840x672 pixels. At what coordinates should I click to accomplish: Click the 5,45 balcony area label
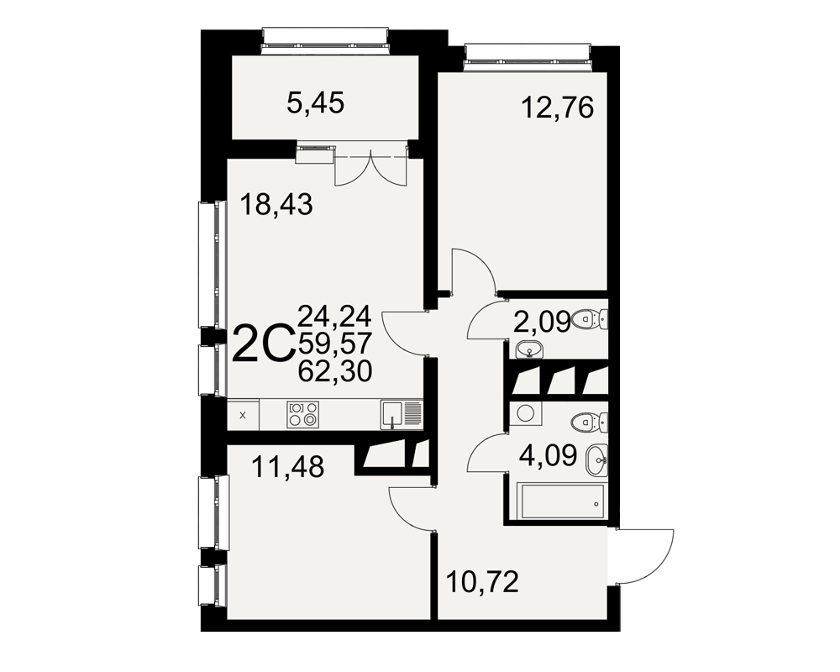(x=315, y=102)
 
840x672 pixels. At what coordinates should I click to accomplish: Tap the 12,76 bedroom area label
(x=558, y=108)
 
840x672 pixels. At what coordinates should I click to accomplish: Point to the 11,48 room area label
(x=287, y=466)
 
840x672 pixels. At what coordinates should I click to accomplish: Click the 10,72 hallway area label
(x=482, y=582)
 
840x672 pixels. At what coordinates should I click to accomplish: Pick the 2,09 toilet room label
(x=542, y=323)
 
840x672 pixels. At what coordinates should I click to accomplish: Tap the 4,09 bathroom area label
(x=548, y=455)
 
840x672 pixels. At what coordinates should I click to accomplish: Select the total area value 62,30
(x=335, y=370)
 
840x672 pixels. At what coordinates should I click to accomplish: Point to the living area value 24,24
(x=335, y=316)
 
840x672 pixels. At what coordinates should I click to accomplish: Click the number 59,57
(x=335, y=343)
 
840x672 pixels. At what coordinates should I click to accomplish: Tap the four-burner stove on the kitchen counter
(x=302, y=414)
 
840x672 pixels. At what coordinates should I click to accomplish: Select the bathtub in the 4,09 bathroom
(x=563, y=501)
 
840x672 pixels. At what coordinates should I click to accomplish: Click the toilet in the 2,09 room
(x=590, y=320)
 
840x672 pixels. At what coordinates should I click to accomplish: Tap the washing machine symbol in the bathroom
(x=524, y=414)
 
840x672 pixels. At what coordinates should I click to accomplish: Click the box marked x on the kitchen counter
(x=243, y=415)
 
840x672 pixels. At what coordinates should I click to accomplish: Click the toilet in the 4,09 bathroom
(x=590, y=423)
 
